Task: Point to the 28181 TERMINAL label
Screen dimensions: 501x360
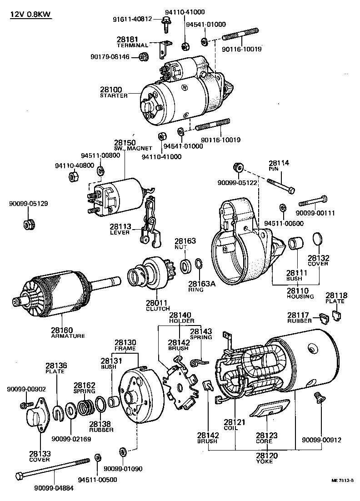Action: [132, 43]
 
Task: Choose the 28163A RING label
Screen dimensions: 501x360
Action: [198, 286]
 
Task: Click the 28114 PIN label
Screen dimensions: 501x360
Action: [279, 165]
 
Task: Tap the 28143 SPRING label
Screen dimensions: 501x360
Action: [201, 334]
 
